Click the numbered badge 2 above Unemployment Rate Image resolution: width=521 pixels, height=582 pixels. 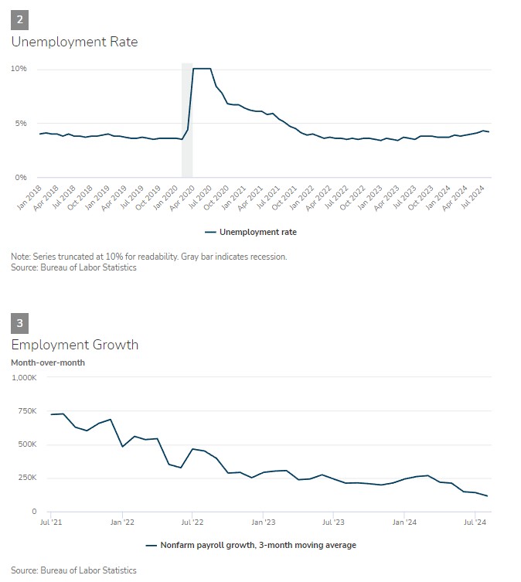(19, 19)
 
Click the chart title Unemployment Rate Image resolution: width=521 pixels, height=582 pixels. (74, 42)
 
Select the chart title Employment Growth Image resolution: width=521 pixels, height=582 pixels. (74, 345)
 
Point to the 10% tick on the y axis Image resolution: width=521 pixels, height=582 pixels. (19, 69)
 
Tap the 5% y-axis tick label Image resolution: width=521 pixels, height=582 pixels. (21, 123)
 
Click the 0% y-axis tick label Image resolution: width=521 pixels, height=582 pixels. (21, 178)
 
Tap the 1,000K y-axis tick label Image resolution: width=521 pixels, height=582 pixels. (24, 377)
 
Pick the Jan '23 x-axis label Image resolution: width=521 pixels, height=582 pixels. (263, 522)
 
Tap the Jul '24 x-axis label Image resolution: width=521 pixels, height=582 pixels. (475, 522)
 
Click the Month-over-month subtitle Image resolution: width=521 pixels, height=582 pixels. (48, 362)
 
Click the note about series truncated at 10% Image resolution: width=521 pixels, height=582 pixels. (148, 257)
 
